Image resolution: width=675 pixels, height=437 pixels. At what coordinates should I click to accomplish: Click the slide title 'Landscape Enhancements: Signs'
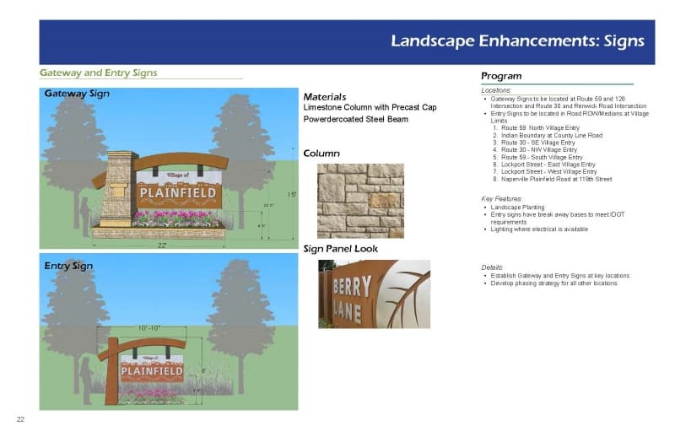coord(516,40)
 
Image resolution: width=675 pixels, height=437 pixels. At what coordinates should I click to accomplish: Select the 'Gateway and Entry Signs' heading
coord(99,73)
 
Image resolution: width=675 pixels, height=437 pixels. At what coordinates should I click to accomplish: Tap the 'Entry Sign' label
coord(68,267)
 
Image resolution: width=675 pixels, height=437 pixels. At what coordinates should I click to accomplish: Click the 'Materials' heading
coord(324,97)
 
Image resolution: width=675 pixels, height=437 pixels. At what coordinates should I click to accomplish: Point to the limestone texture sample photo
coord(360,200)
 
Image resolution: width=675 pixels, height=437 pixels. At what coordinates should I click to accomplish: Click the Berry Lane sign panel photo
coord(374,294)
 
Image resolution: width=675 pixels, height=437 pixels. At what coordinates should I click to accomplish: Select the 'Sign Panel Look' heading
coord(340,249)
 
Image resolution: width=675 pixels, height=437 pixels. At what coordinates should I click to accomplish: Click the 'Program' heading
coord(501,76)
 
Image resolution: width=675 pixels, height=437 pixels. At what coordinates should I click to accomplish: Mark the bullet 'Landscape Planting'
coord(518,207)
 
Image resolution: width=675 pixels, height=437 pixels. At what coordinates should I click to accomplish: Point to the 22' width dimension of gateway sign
coord(160,245)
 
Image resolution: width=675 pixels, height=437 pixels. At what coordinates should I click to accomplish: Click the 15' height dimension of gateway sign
coord(291,195)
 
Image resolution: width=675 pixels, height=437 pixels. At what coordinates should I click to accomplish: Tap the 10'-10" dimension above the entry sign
coord(148,327)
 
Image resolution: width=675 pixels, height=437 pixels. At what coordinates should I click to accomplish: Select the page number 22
coord(19,419)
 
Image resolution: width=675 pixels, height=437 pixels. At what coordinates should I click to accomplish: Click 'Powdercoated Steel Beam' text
coord(355,119)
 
